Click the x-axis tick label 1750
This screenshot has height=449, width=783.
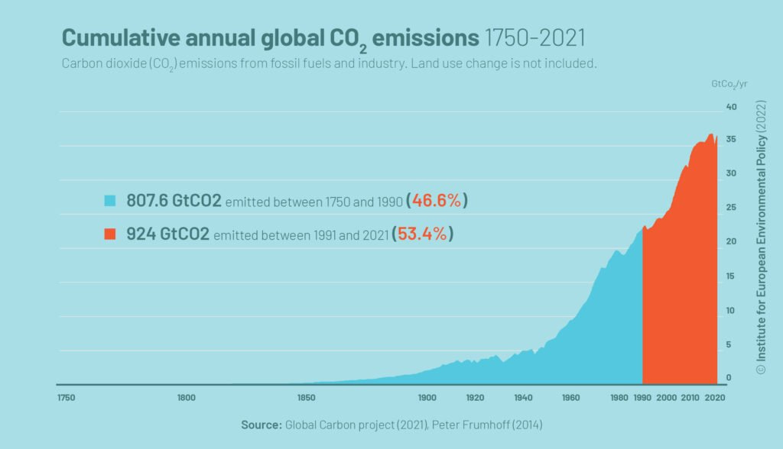click(66, 398)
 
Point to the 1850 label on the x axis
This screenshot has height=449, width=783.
click(306, 398)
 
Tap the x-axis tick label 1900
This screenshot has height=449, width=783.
click(427, 398)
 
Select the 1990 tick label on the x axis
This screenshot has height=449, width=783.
click(642, 398)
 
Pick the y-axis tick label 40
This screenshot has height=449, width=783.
click(731, 106)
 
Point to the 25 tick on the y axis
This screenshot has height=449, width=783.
click(731, 207)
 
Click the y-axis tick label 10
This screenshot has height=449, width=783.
click(731, 310)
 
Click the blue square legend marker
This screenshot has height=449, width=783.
click(110, 202)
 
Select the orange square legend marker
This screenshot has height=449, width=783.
click(110, 234)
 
